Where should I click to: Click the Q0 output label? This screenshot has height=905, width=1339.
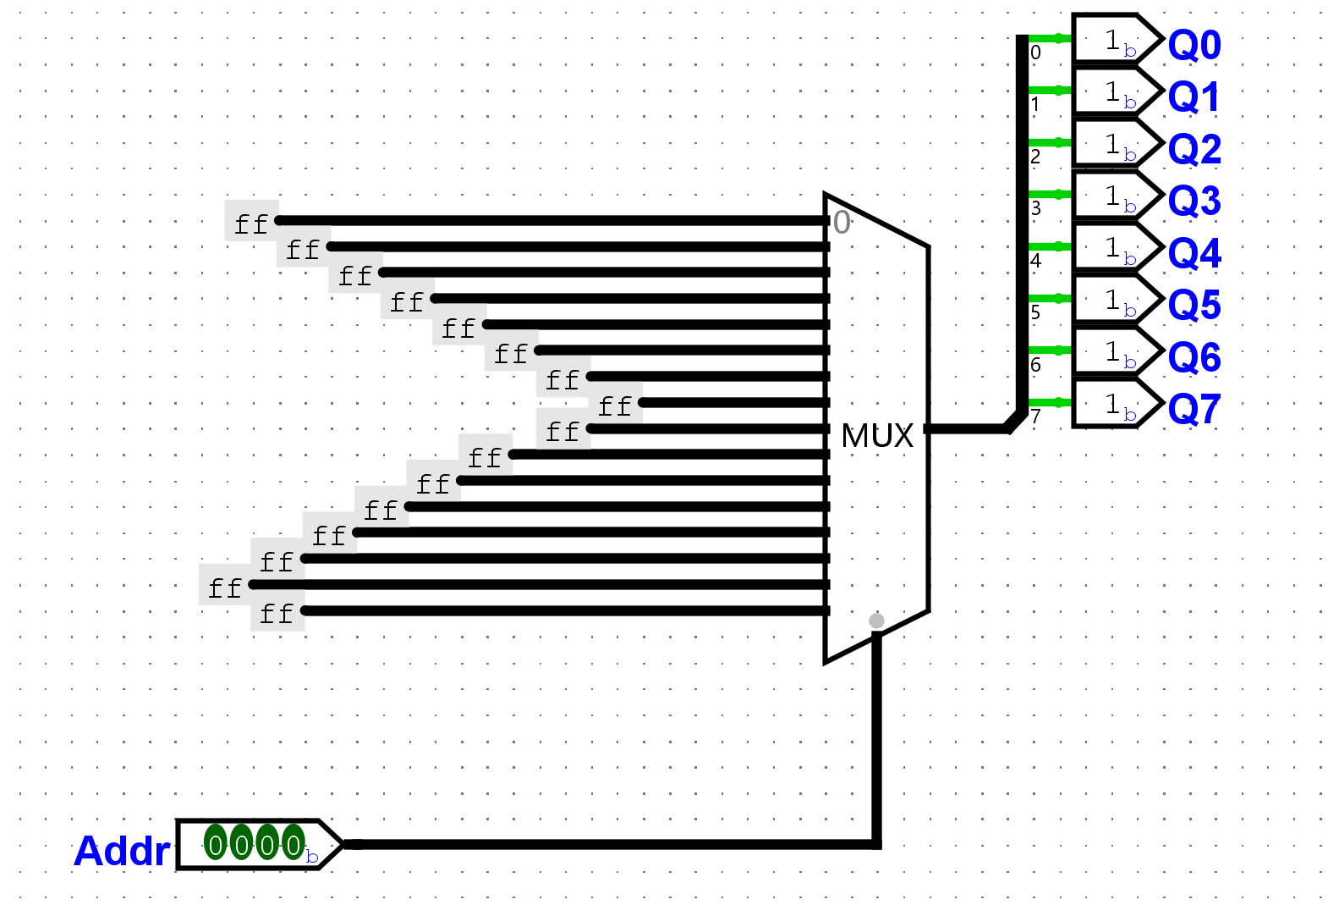pos(1194,45)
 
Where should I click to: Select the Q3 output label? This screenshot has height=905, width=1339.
pos(1194,201)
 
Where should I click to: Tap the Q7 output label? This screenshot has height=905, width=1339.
pos(1194,410)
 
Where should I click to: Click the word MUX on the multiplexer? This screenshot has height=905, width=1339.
pos(877,436)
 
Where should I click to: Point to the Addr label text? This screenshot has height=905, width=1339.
pos(122,851)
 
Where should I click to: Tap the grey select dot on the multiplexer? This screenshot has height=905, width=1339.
pos(876,621)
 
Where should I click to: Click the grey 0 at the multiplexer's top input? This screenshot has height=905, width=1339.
pos(841,223)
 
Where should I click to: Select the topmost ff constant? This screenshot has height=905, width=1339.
pos(251,223)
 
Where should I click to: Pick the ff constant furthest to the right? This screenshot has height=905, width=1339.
pos(615,406)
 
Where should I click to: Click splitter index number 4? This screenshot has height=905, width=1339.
pos(1035,261)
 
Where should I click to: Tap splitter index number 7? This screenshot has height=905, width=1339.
pos(1035,417)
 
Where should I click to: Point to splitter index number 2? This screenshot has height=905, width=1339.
pos(1035,157)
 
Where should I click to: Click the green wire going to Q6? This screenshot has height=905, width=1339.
pos(1050,350)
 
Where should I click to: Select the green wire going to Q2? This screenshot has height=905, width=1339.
pos(1050,142)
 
